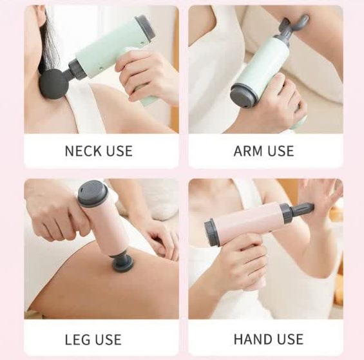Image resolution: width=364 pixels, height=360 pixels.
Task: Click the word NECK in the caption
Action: pyautogui.click(x=82, y=151)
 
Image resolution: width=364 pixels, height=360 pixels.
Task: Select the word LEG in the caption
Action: pyautogui.click(x=77, y=339)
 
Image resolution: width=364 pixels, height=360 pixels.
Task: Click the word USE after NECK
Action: pyautogui.click(x=119, y=151)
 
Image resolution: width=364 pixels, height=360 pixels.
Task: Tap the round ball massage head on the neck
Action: pyautogui.click(x=54, y=84)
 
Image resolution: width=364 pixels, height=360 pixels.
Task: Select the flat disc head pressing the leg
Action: pyautogui.click(x=123, y=263)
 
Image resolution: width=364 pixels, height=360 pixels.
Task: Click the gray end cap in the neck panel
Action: pyautogui.click(x=145, y=28)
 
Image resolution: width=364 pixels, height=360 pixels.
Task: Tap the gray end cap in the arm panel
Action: pyautogui.click(x=244, y=96)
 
